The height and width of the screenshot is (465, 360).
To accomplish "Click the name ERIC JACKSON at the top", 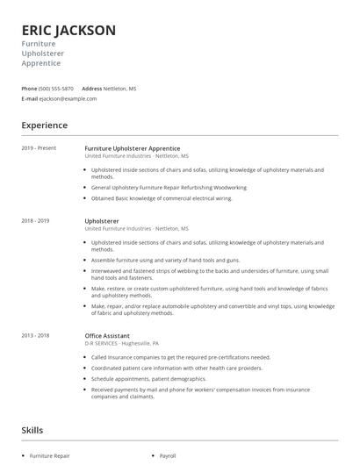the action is (68, 30).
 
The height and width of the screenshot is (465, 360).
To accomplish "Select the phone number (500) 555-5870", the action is (56, 89).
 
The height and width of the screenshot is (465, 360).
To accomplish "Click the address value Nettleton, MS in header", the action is (120, 89).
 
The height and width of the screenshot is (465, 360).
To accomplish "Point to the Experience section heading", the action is (44, 125).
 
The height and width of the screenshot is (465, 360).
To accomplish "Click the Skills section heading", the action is (32, 430).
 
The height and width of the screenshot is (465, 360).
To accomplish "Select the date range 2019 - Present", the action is (39, 148).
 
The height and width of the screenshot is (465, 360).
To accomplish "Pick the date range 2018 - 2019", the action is (35, 221).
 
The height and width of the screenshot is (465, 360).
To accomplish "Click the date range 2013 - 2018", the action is (35, 335).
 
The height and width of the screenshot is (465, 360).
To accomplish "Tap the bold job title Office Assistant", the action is (107, 335).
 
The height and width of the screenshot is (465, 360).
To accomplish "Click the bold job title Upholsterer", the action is (102, 221).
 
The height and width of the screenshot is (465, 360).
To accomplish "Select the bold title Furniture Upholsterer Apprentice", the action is (132, 148).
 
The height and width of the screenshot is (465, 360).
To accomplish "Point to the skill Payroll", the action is (168, 456).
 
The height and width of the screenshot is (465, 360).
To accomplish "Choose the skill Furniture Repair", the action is (50, 456).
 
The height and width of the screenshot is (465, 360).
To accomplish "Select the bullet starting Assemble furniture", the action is (165, 261).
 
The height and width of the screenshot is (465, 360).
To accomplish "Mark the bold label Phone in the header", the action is (29, 89).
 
